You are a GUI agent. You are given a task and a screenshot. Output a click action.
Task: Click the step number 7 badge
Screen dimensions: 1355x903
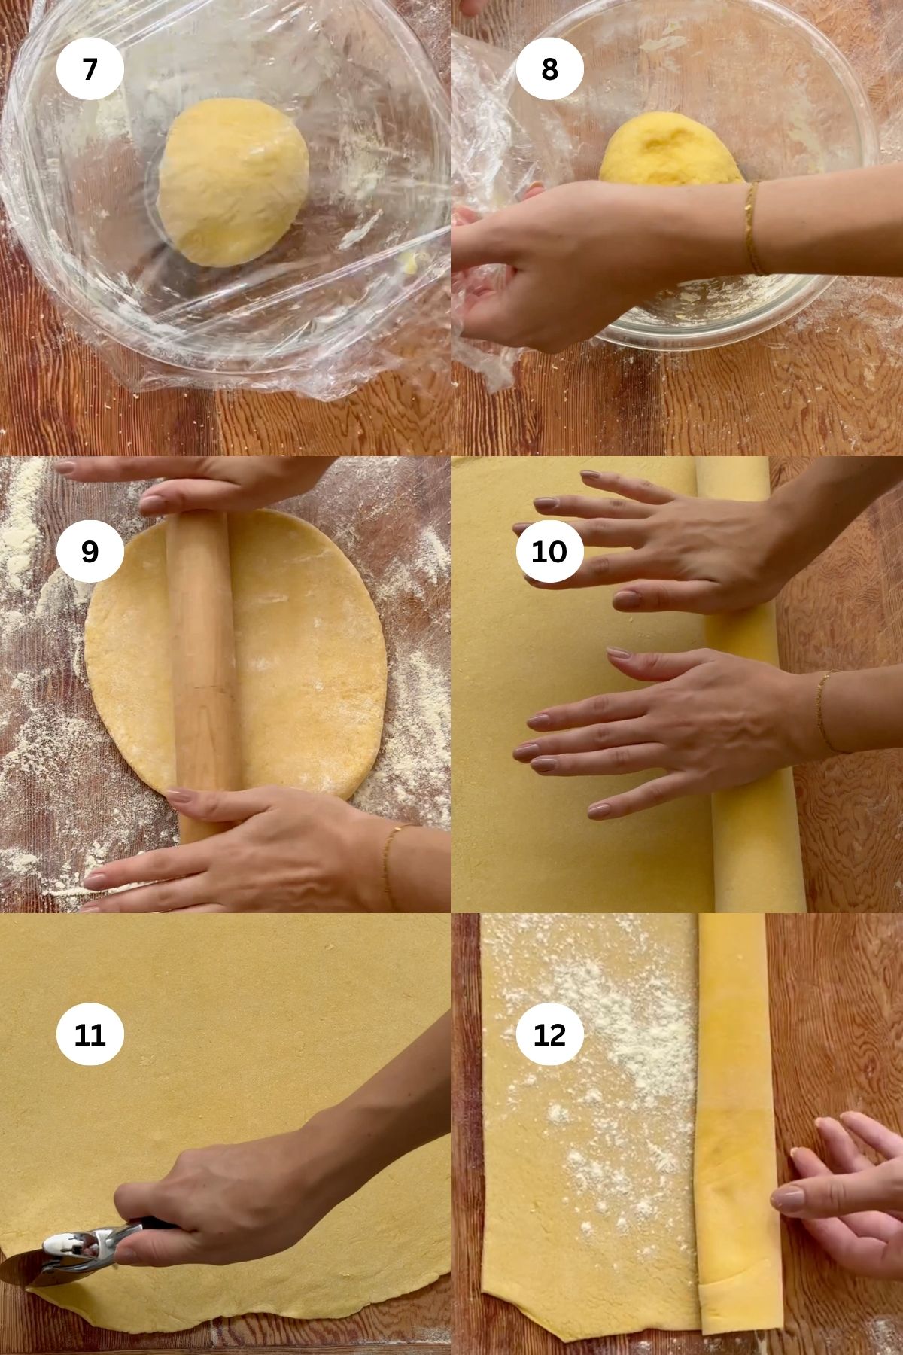pyautogui.click(x=90, y=69)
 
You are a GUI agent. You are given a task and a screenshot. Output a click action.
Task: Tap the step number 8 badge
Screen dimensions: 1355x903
pyautogui.click(x=550, y=69)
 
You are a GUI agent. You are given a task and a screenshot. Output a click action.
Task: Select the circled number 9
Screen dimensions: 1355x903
pyautogui.click(x=90, y=552)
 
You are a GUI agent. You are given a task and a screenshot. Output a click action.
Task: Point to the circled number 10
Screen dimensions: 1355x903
pyautogui.click(x=549, y=552)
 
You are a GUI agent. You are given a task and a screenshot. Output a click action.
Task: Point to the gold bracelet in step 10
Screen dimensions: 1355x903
pyautogui.click(x=824, y=711)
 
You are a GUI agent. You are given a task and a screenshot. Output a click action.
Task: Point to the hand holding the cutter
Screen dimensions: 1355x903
pyautogui.click(x=226, y=1197)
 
